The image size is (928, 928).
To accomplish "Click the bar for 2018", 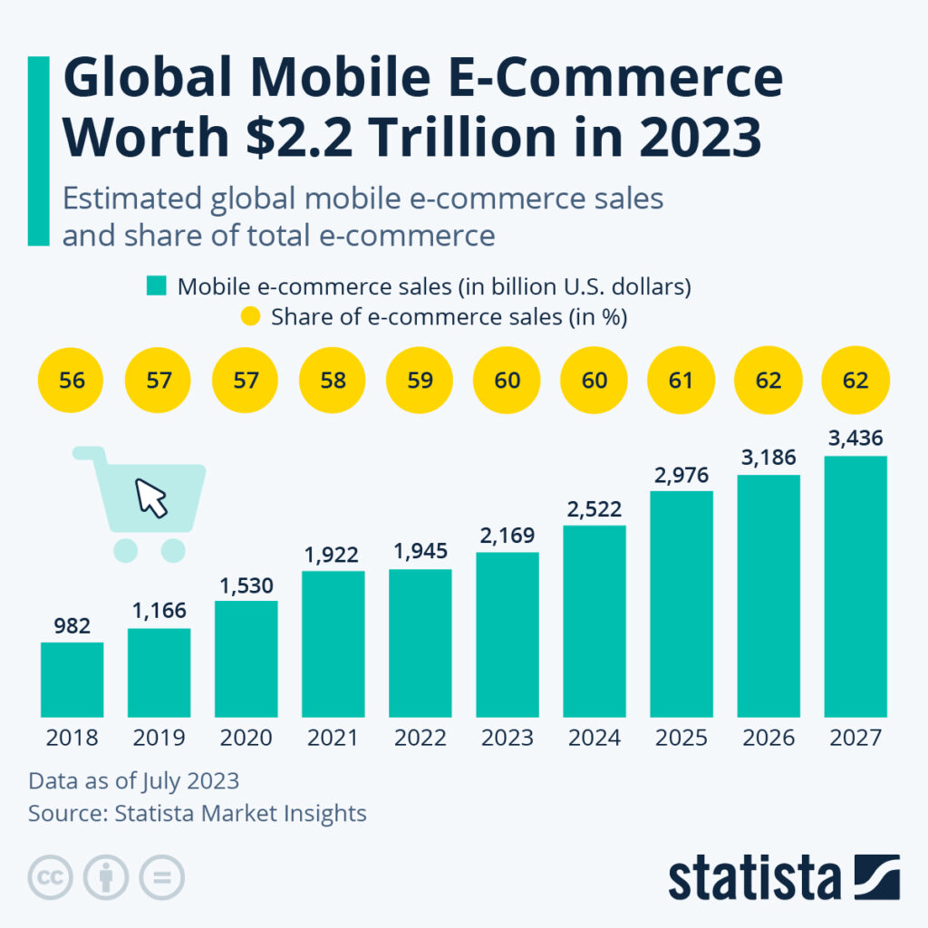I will [72, 680].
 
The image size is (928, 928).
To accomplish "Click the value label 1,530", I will [246, 585].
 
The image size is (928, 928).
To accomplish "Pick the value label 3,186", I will [768, 459].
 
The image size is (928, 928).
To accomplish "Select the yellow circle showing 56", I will [72, 380].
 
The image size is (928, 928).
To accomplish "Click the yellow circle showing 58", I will [333, 380].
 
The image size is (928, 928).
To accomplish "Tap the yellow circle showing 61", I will [681, 380].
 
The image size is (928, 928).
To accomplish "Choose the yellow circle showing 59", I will [420, 380].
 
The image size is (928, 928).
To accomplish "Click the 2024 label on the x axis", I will [594, 738].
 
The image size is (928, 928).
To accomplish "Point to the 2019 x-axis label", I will [159, 738].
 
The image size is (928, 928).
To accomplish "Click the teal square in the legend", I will [156, 287].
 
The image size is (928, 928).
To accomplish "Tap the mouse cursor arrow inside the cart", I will [151, 498].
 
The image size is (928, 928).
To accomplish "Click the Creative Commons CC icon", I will [51, 877].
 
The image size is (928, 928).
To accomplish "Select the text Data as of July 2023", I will [133, 781].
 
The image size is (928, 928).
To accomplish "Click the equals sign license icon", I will [161, 877].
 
